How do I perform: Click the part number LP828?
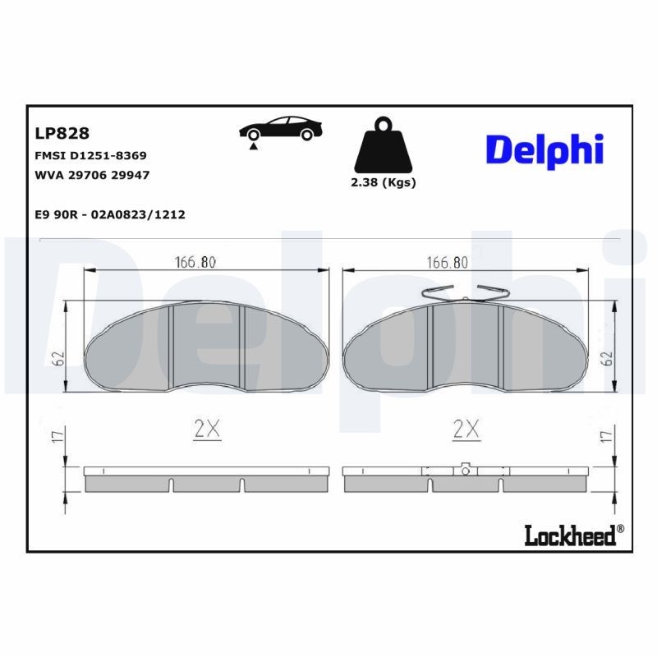tap(62, 133)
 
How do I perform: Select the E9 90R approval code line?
tap(110, 214)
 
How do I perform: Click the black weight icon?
tap(383, 148)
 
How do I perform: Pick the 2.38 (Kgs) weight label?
tap(383, 183)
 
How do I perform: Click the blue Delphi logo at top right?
tap(544, 150)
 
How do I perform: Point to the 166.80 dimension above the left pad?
tap(195, 263)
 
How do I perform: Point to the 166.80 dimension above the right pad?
tap(447, 263)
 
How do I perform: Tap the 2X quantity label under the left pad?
tap(208, 428)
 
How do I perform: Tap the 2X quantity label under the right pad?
tap(466, 428)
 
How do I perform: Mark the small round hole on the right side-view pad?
tap(465, 471)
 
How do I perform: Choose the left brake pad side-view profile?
tap(206, 479)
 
